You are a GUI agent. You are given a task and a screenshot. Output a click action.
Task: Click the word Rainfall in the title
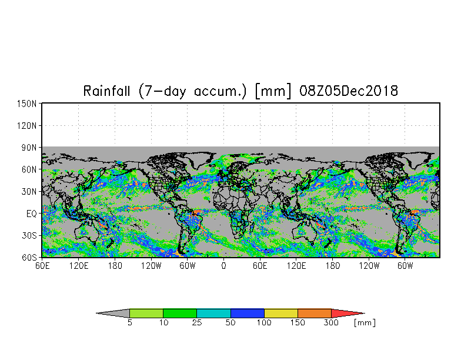point(106,91)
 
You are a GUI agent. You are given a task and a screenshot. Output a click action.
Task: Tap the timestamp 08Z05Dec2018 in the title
point(349,91)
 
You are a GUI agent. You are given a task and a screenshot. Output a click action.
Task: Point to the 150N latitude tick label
point(27,104)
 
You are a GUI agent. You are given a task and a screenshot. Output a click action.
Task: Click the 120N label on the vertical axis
point(27,126)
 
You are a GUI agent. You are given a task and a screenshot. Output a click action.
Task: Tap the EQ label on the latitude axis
point(32,214)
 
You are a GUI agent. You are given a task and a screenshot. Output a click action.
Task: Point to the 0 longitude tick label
point(223,266)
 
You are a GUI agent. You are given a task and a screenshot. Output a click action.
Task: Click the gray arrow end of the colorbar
point(113,313)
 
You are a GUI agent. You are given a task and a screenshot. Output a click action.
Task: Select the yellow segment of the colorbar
point(281,313)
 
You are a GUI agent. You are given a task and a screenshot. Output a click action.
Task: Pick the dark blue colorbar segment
point(247,313)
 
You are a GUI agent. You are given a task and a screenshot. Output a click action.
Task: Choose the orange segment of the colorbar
point(315,313)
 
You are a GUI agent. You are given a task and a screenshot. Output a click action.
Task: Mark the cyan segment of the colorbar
point(213,313)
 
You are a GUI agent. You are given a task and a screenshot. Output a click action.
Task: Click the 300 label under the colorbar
point(331,322)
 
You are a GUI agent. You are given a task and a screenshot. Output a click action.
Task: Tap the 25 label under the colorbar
point(196,322)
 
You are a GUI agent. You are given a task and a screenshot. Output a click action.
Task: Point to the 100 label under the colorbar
point(264,322)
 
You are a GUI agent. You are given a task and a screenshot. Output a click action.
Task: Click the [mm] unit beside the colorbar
point(365,323)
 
